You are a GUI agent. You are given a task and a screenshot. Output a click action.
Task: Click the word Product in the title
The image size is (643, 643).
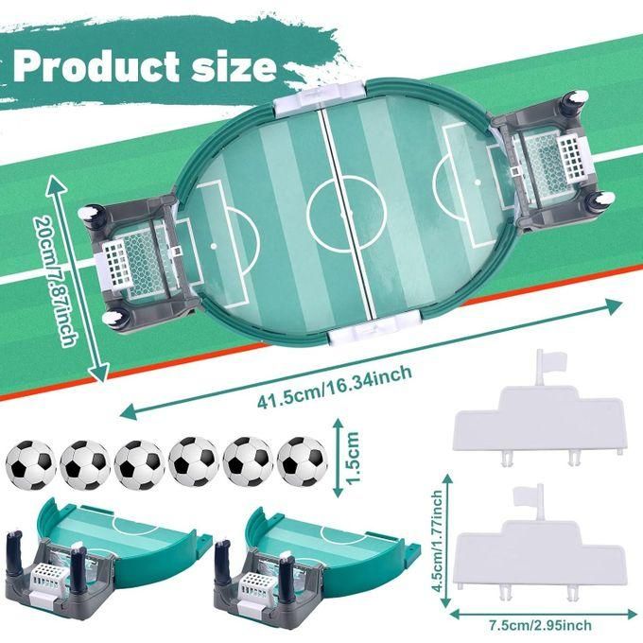96,66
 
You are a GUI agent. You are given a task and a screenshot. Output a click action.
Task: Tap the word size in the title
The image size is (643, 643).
235,67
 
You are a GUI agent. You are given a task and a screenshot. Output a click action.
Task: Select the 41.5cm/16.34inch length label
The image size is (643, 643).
334,387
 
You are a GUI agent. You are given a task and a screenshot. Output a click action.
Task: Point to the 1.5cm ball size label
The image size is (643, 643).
353,458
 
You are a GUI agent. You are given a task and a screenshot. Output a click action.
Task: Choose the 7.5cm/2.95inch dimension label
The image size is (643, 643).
541,625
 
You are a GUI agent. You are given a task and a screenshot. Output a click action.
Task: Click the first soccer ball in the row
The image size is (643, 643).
31,465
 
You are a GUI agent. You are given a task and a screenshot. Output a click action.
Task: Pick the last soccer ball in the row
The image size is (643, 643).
303,461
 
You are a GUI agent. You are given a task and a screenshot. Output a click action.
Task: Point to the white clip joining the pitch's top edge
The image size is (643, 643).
320,97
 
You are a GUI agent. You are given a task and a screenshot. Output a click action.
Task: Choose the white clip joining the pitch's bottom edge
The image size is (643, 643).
374,328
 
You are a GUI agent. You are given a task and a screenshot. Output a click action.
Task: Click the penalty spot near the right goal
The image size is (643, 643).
478,182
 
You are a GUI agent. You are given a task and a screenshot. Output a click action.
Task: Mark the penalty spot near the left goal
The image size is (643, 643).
214,246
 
